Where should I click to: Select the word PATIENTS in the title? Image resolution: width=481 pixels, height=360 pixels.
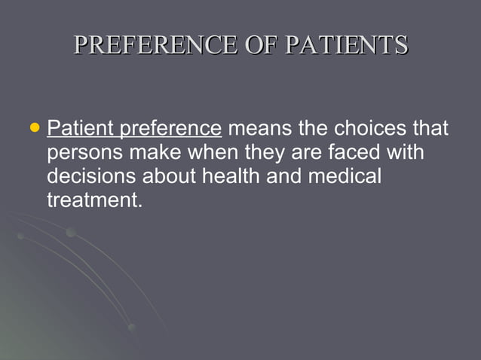(x=348, y=44)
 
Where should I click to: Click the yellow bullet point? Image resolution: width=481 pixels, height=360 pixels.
(x=33, y=128)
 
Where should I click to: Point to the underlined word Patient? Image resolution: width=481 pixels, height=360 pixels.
(x=79, y=128)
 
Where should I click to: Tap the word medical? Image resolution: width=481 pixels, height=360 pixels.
(x=344, y=176)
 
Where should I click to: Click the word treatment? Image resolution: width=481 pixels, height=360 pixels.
(x=94, y=200)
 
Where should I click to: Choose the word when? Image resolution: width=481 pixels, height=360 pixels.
(x=214, y=152)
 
